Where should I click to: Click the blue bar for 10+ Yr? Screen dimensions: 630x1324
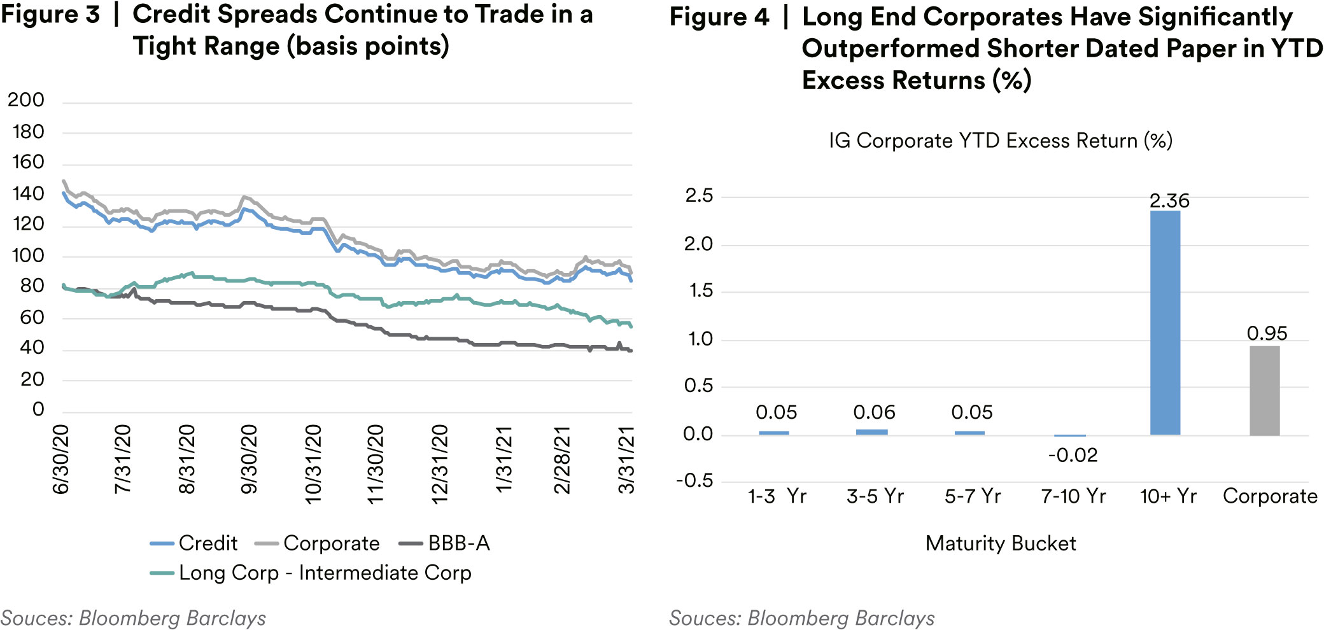pyautogui.click(x=1165, y=323)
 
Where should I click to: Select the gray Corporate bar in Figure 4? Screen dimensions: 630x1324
pyautogui.click(x=1264, y=391)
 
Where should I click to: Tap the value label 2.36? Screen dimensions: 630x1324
pyautogui.click(x=1169, y=201)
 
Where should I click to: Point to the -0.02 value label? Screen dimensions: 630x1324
pyautogui.click(x=1073, y=455)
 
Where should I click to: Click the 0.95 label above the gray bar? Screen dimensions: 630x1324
pyautogui.click(x=1267, y=333)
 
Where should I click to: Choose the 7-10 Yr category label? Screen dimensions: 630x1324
pyautogui.click(x=1073, y=496)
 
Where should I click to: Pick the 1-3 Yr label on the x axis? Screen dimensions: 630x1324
pyautogui.click(x=777, y=496)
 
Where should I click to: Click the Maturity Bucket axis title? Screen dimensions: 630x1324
pyautogui.click(x=1001, y=543)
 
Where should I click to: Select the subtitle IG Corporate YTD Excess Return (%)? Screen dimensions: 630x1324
pyautogui.click(x=1000, y=141)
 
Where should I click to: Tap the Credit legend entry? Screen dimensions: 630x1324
pyautogui.click(x=208, y=543)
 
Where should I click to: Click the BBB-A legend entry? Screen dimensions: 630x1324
pyautogui.click(x=458, y=543)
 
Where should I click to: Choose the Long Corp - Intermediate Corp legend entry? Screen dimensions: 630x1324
pyautogui.click(x=325, y=573)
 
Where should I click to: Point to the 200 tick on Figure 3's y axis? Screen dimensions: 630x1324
pyautogui.click(x=26, y=100)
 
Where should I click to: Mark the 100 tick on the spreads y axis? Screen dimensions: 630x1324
pyautogui.click(x=28, y=256)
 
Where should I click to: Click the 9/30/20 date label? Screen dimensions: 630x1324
pyautogui.click(x=249, y=459)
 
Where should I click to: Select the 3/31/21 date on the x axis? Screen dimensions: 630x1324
pyautogui.click(x=627, y=459)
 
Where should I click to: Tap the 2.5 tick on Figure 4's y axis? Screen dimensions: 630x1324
pyautogui.click(x=699, y=196)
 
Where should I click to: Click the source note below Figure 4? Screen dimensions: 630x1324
pyautogui.click(x=801, y=618)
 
